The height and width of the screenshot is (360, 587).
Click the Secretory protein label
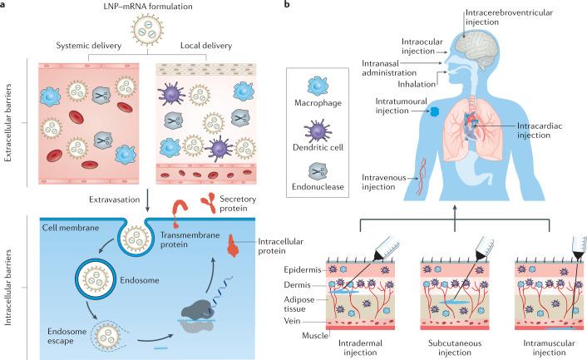(x=237, y=205)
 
